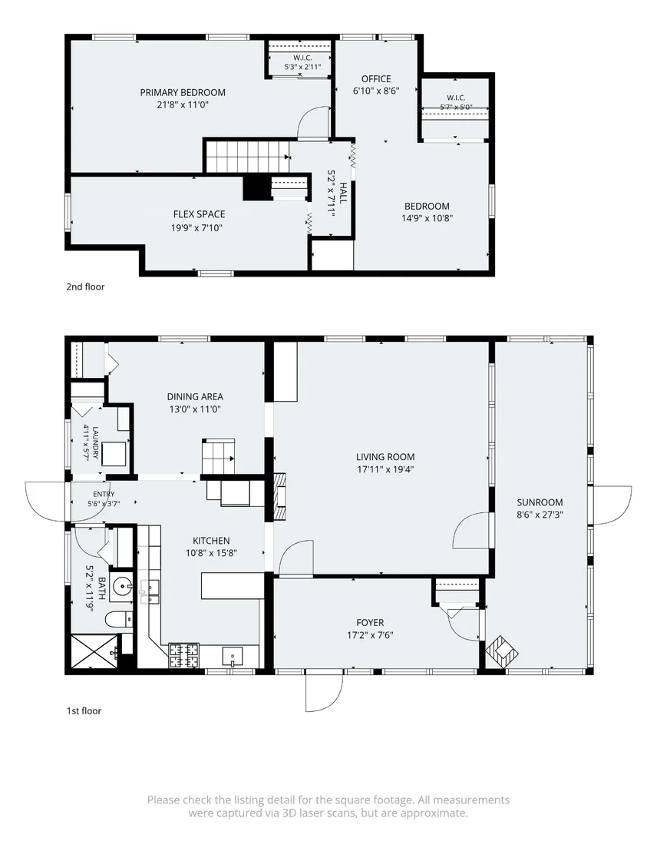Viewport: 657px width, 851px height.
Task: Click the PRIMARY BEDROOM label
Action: coord(183,92)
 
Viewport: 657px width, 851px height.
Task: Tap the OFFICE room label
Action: coord(376,78)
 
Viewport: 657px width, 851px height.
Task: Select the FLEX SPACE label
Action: coord(199,214)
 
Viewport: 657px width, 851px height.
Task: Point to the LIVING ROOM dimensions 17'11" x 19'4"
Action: coord(385,469)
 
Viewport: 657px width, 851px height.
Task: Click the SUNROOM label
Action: coord(540,502)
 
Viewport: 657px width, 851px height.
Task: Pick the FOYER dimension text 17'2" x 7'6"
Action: coord(370,634)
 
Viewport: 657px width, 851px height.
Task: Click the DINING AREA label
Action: coord(195,397)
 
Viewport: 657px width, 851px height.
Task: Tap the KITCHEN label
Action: coord(211,541)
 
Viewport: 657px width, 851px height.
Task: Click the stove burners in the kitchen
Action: coord(184,655)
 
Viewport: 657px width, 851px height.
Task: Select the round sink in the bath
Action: coord(121,585)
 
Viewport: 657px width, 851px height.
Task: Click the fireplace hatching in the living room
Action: coord(279,497)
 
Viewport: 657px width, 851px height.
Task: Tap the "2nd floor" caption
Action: coord(85,286)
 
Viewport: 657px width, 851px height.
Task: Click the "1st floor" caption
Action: coord(84,710)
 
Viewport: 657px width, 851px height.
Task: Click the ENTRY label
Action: coord(104,494)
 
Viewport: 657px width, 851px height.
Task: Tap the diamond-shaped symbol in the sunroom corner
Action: coord(502,652)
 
